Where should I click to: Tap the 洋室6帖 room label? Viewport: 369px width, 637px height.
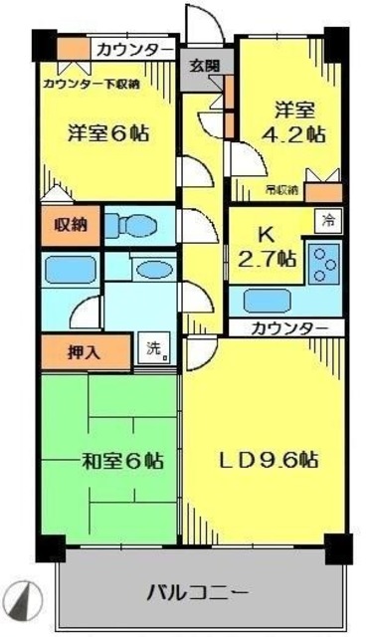(108, 131)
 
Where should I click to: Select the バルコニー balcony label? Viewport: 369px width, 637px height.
(198, 593)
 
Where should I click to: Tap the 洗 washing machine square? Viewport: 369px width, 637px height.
(155, 349)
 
